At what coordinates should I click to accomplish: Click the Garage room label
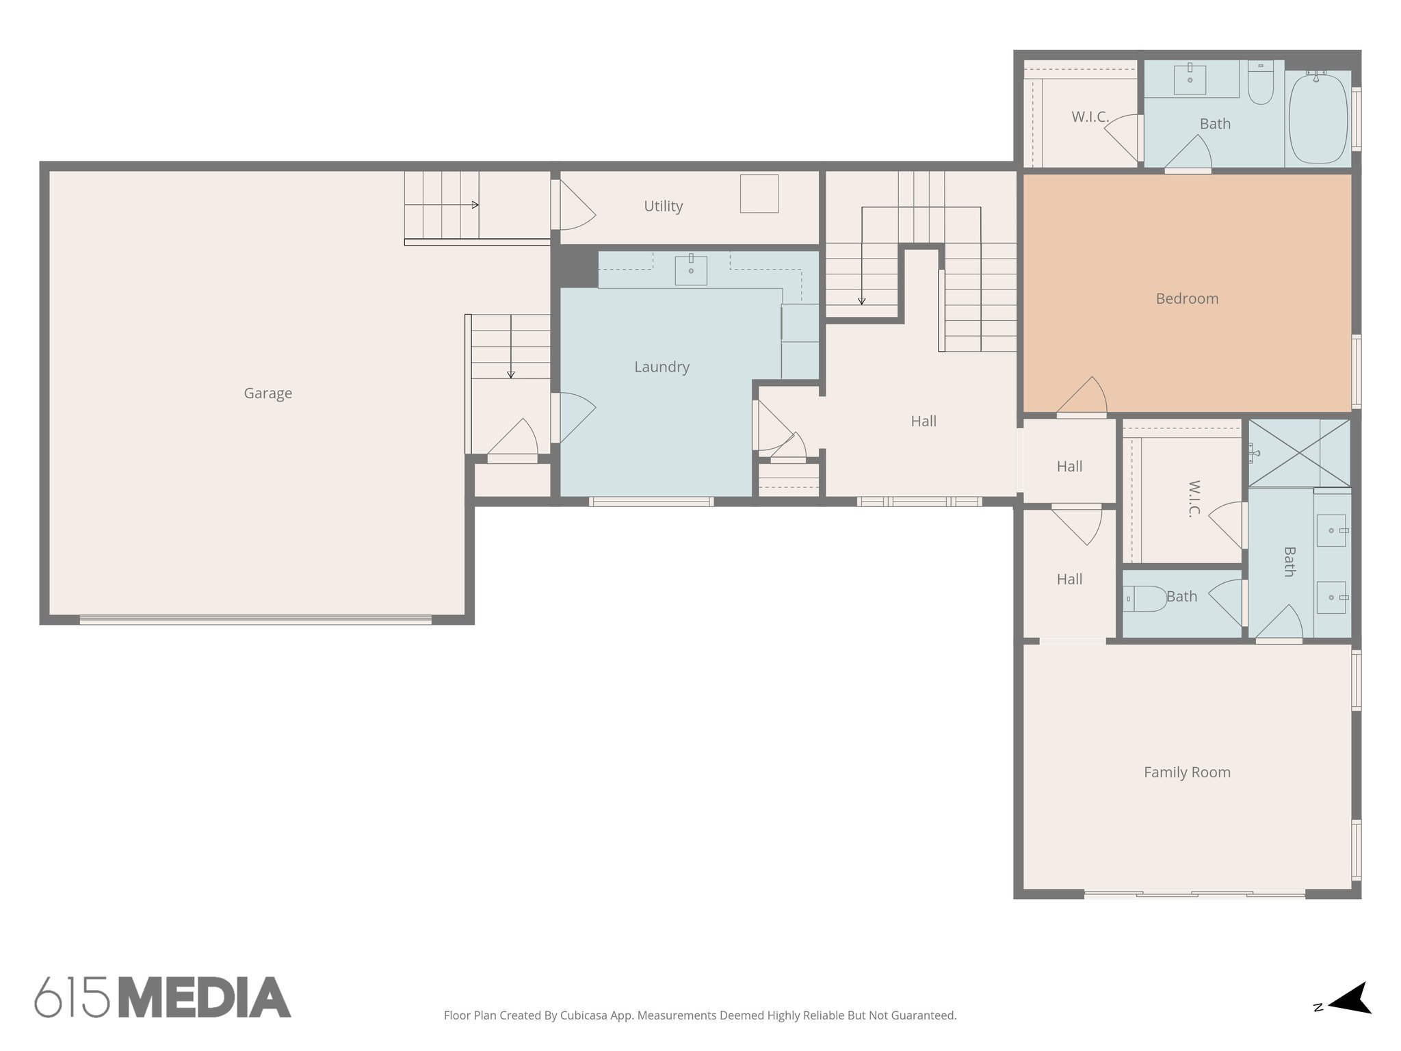click(x=267, y=393)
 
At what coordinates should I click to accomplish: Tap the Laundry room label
click(x=662, y=367)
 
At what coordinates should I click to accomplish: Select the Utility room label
click(x=663, y=206)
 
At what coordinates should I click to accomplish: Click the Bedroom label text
click(x=1187, y=298)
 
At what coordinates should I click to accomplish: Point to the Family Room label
click(x=1187, y=773)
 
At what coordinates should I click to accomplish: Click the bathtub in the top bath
click(x=1318, y=118)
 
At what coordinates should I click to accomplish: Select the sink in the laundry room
click(x=691, y=270)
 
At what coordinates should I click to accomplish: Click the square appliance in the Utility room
click(x=759, y=194)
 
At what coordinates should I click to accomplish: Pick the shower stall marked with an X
click(x=1299, y=452)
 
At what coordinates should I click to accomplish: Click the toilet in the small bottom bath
click(x=1145, y=599)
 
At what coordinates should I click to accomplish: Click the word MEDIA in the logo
click(x=205, y=998)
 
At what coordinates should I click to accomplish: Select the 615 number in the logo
click(x=73, y=998)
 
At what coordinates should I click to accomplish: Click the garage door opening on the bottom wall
click(x=255, y=620)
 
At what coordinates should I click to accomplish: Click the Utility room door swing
click(x=575, y=206)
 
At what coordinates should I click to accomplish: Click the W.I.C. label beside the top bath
click(x=1090, y=117)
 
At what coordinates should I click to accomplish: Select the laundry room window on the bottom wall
click(x=651, y=502)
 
